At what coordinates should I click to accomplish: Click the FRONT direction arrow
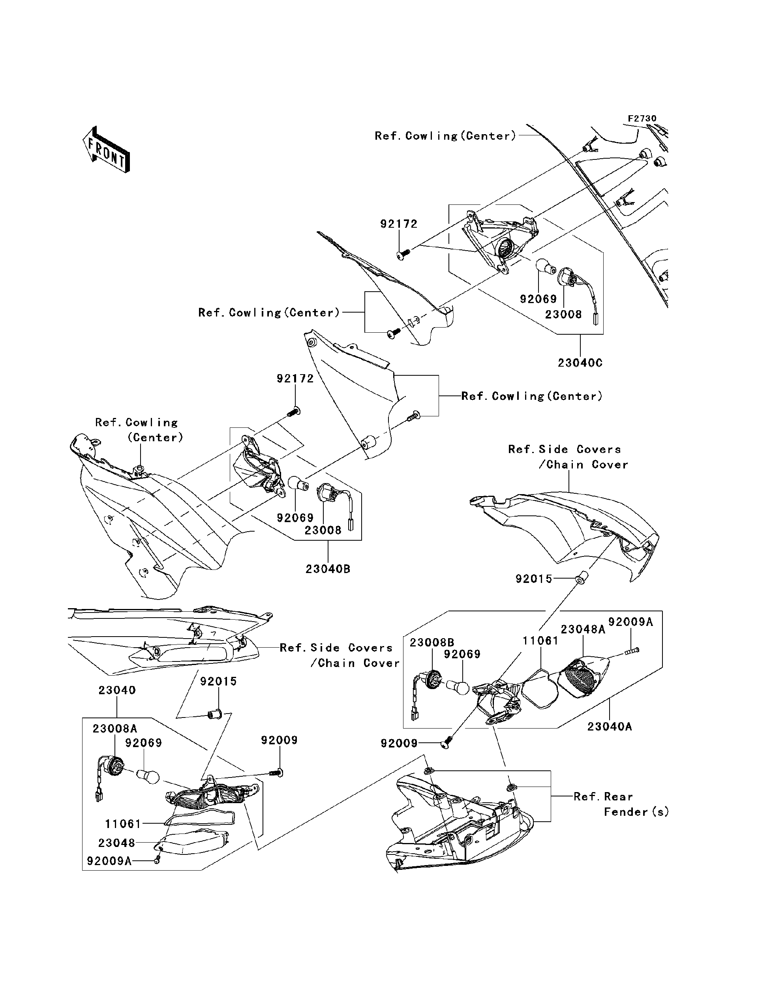point(106,150)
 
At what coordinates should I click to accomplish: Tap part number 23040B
point(328,569)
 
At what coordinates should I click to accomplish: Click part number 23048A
point(582,629)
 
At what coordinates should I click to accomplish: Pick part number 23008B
point(432,643)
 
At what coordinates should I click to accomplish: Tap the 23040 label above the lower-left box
point(117,690)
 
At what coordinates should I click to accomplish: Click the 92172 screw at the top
point(402,255)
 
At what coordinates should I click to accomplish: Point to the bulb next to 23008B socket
point(458,687)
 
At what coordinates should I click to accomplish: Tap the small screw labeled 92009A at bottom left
point(157,861)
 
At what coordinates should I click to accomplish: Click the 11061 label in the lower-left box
point(123,824)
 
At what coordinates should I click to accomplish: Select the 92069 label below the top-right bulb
point(538,299)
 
